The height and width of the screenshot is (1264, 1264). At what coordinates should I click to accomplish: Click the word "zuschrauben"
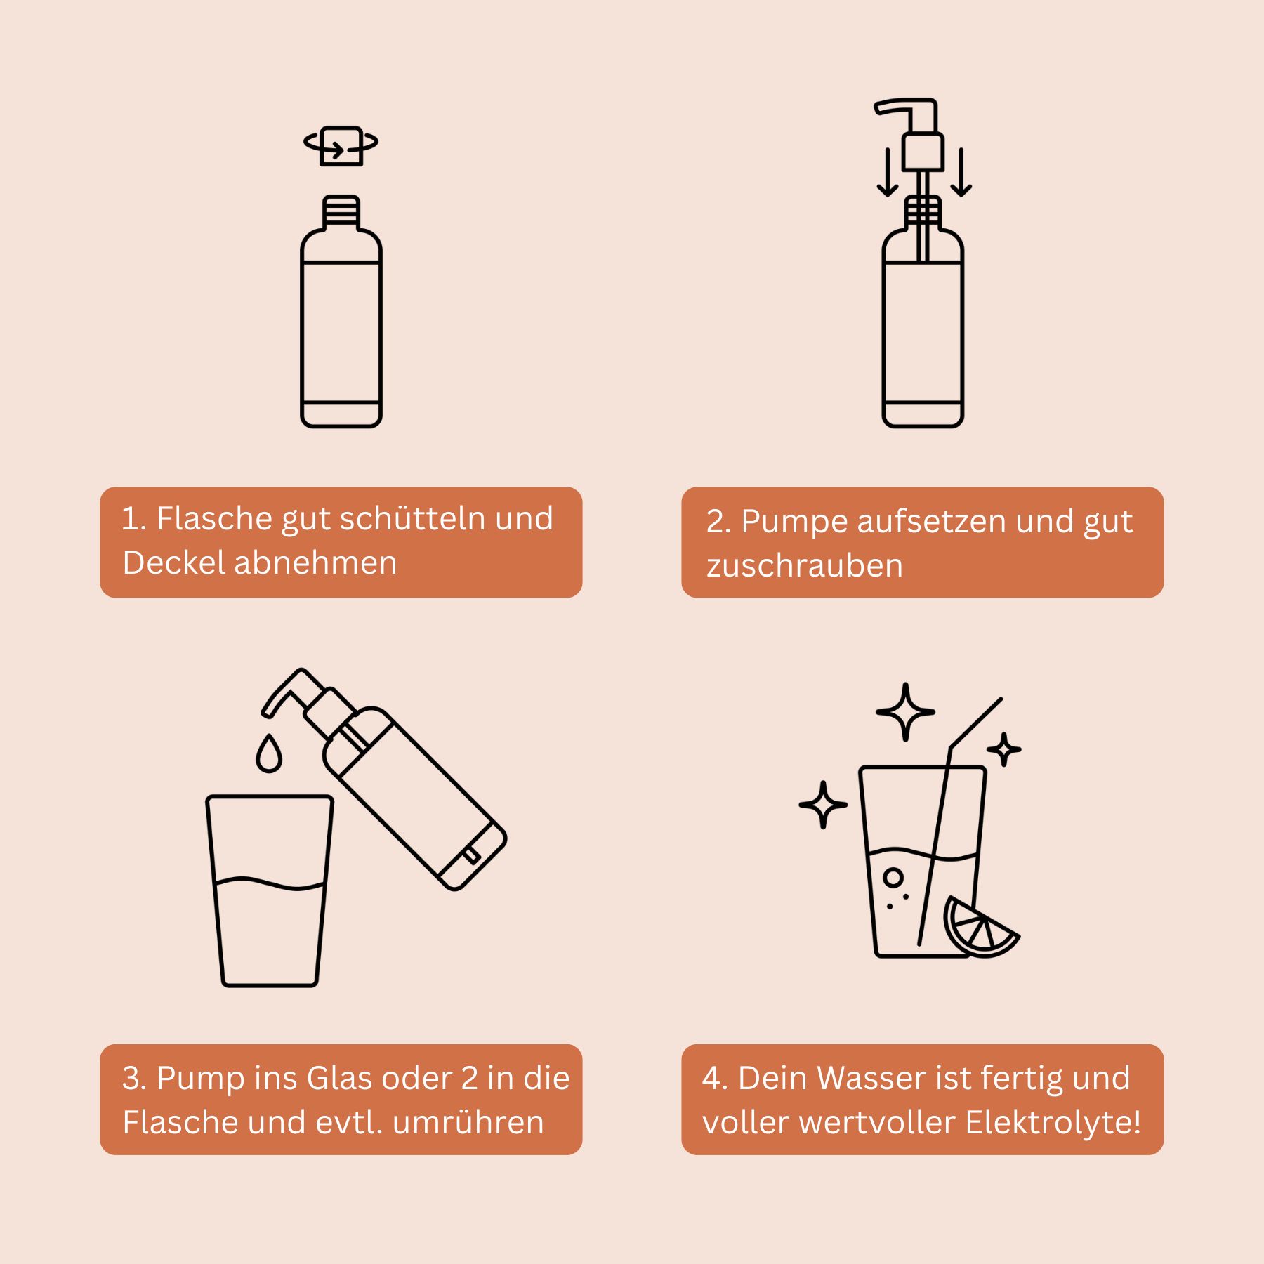coord(805,566)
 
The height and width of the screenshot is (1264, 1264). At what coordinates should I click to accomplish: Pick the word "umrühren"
coord(468,1122)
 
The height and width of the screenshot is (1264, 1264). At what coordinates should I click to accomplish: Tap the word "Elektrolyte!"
coord(1053,1122)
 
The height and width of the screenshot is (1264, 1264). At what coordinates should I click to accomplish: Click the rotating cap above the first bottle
coord(341,145)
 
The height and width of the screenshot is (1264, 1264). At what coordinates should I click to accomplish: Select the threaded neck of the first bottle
coord(341,212)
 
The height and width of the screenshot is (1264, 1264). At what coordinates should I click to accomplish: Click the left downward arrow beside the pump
coord(888,171)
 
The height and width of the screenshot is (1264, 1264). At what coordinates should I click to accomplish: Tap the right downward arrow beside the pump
coord(961,171)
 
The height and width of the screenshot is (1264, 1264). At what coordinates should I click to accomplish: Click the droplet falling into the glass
coord(269,753)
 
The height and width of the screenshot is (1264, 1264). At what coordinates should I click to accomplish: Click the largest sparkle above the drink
coord(906,711)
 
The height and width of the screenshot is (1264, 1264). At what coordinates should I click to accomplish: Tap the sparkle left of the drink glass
coord(823,805)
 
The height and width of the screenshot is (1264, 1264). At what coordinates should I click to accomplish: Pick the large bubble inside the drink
coord(893,877)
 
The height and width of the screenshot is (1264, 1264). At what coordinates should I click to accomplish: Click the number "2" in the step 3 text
coord(470,1078)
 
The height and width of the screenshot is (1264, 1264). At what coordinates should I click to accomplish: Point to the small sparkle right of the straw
coord(1004,749)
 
